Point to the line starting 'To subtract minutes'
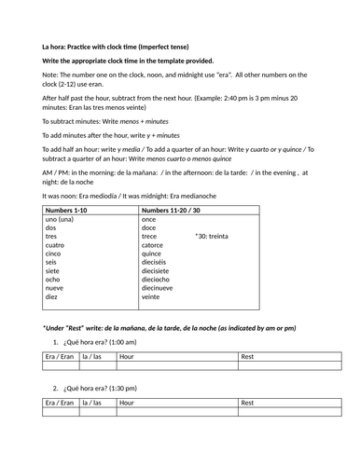pyautogui.click(x=96, y=119)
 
